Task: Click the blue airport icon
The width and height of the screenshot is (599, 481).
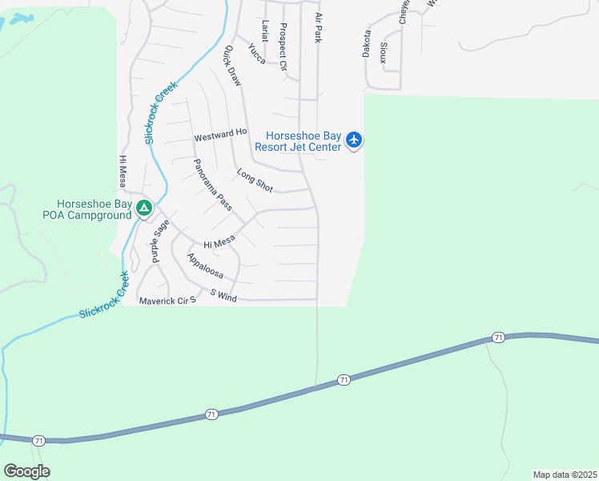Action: (355, 141)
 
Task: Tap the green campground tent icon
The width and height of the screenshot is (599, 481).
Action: (144, 209)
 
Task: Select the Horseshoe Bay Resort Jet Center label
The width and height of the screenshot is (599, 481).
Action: (298, 141)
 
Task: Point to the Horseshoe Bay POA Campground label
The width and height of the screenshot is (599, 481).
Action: (87, 209)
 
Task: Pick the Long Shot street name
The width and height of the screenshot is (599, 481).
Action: (255, 180)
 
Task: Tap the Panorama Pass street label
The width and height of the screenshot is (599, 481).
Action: (212, 185)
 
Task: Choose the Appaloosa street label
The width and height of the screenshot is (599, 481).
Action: (205, 267)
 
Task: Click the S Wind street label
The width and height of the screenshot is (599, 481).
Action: (224, 297)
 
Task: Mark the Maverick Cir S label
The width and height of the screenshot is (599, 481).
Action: (167, 301)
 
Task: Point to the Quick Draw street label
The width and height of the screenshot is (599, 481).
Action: (232, 66)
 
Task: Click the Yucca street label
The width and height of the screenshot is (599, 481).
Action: (257, 53)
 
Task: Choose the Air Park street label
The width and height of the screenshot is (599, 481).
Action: (318, 27)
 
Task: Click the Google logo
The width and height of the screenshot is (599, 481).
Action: (27, 471)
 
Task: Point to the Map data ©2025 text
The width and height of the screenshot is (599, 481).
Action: (565, 475)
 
